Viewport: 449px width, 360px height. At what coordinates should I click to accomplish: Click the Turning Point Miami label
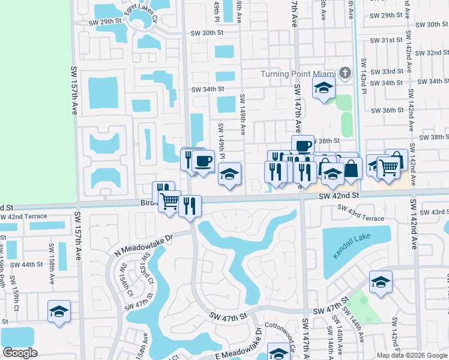(x=297, y=74)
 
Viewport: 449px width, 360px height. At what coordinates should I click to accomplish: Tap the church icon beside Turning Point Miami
(x=345, y=74)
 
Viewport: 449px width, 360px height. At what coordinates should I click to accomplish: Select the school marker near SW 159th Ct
(x=59, y=311)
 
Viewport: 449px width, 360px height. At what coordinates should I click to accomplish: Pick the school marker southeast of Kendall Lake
(x=381, y=282)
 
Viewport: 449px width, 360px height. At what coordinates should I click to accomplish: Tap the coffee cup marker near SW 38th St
(x=303, y=145)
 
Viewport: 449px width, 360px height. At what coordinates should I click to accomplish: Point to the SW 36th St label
(x=387, y=110)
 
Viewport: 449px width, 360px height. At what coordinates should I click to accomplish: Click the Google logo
(x=20, y=353)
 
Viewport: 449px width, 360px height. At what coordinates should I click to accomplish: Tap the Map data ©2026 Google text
(x=411, y=355)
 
